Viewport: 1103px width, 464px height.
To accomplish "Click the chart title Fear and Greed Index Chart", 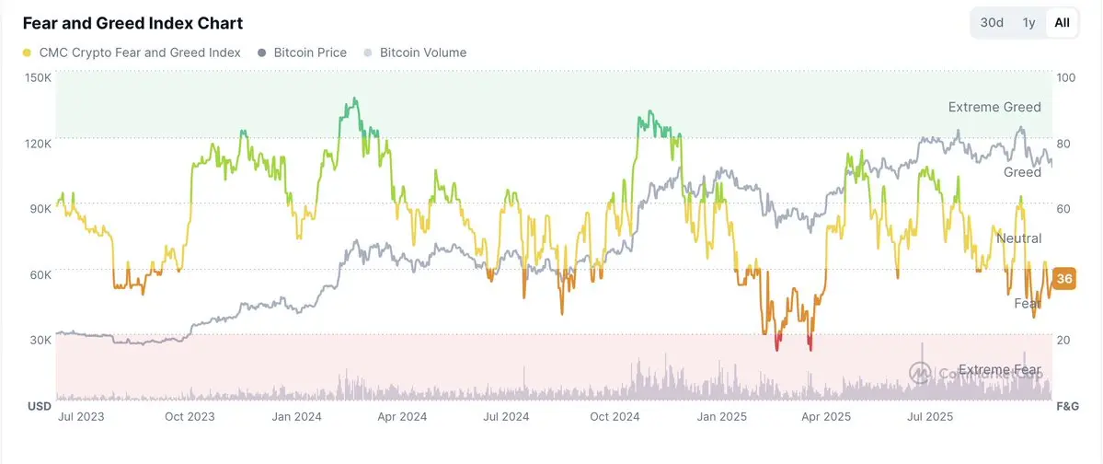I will [x=132, y=23].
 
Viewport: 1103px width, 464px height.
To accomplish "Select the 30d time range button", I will [x=992, y=23].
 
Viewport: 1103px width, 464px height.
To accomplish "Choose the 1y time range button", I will [x=1028, y=23].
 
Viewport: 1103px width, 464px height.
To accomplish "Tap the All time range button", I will [x=1062, y=23].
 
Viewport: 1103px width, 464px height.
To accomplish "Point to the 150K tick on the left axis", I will [x=39, y=77].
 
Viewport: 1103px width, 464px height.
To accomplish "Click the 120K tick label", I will [x=39, y=143].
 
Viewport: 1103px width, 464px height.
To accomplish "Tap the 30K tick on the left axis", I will [x=39, y=340].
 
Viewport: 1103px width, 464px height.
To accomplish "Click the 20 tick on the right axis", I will [x=1064, y=340].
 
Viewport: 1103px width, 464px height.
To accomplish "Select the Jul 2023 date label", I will [x=81, y=416].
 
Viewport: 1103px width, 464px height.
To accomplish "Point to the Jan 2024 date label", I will [x=295, y=416].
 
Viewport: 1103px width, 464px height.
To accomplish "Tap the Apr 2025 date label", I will [x=826, y=416].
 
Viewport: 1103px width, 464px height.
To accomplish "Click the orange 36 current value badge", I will [x=1064, y=279].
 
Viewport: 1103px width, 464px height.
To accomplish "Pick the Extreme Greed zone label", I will [x=994, y=107].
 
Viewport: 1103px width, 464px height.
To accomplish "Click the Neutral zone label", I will [x=1018, y=238].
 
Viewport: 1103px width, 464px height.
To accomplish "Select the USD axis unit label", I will [x=39, y=406].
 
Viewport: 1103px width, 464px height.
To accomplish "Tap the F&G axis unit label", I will [x=1067, y=406].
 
